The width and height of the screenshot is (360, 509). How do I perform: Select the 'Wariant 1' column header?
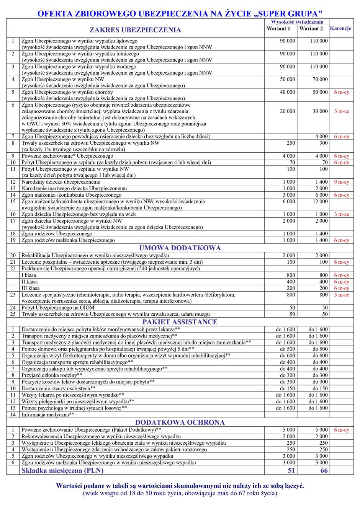tap(278, 29)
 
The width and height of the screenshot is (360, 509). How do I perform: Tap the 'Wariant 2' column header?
tap(311, 29)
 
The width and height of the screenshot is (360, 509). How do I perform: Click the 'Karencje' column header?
tap(340, 29)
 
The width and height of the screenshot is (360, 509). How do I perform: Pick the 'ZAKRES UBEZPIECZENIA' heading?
tap(135, 30)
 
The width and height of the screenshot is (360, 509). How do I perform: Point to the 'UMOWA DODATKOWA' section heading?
tap(180, 248)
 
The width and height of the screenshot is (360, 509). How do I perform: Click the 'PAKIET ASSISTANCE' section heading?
tap(180, 322)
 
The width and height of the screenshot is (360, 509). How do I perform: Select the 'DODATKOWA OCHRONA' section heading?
tap(180, 423)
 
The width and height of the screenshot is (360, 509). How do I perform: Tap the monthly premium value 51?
tap(291, 470)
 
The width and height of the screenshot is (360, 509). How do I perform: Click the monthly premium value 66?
tap(324, 470)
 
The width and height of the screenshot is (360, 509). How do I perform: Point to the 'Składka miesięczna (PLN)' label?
tap(62, 470)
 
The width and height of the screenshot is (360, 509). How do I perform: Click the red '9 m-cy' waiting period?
tap(341, 182)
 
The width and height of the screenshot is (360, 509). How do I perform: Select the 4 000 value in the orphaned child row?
tap(321, 137)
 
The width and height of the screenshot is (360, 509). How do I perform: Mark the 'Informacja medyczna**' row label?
tap(48, 414)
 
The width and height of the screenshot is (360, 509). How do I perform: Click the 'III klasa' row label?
tap(31, 288)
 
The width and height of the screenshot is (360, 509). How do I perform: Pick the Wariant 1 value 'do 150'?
tap(287, 388)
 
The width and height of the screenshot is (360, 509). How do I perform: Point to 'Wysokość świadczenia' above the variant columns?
tap(297, 22)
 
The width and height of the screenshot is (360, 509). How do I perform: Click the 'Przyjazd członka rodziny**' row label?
tap(52, 375)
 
